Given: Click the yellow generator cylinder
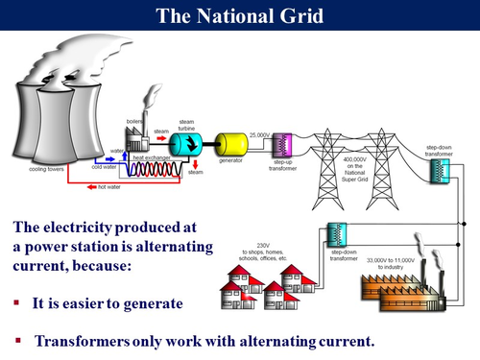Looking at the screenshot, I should (x=231, y=144).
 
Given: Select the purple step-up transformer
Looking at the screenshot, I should (x=281, y=146).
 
